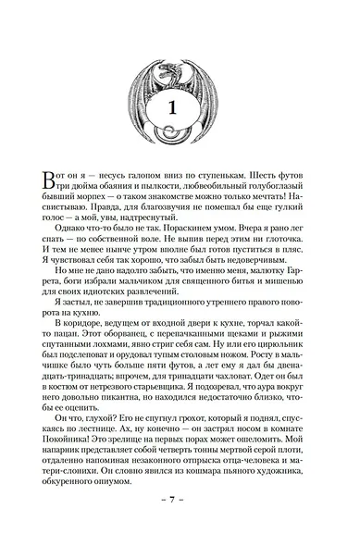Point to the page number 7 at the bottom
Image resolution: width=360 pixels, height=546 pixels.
pyautogui.click(x=180, y=525)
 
